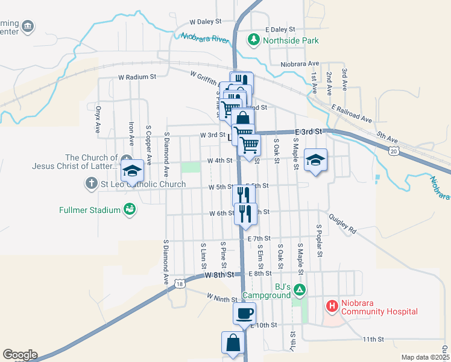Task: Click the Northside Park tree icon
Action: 254,40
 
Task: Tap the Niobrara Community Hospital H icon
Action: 332,306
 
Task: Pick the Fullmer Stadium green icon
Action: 129,209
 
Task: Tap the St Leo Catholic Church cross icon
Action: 91,183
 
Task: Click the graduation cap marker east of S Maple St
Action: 315,160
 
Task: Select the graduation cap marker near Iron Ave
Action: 132,171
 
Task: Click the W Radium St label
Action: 137,77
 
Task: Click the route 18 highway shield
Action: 179,283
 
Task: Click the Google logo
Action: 20,355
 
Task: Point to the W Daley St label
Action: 206,21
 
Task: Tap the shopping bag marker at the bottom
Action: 233,343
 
